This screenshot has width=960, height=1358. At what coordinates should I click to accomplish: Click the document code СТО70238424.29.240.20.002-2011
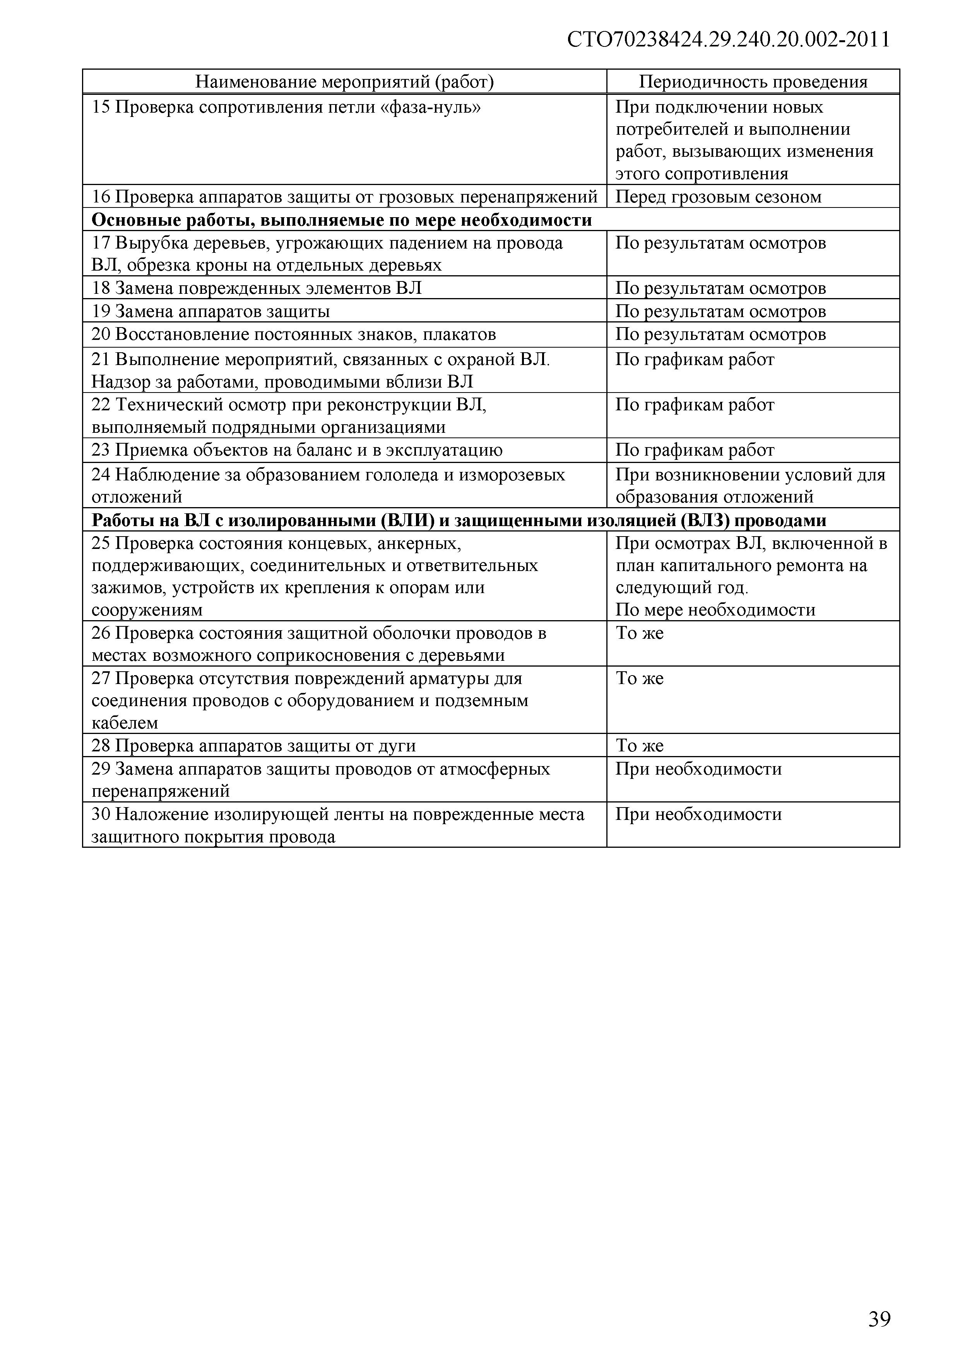click(x=728, y=39)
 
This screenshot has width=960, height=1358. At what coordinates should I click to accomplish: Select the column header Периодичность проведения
click(x=753, y=82)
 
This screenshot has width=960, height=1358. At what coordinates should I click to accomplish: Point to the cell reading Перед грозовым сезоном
click(x=718, y=196)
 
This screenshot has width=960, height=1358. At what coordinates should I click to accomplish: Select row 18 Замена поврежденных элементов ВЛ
click(x=257, y=288)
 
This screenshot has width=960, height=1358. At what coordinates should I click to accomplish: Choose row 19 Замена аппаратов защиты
click(x=210, y=311)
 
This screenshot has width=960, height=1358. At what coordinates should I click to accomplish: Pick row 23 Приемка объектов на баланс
click(x=297, y=450)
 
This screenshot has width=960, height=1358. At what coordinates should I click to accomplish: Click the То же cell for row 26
click(x=640, y=633)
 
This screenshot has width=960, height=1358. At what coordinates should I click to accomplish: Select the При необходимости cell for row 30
click(x=698, y=814)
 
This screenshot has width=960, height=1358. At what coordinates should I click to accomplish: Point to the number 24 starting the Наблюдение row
click(x=101, y=474)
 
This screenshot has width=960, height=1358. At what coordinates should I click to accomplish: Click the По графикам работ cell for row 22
click(x=695, y=405)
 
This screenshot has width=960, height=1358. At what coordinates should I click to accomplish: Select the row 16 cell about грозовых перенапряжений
click(x=344, y=196)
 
